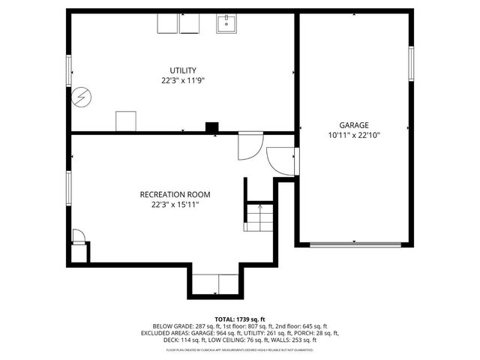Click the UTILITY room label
point(183,70)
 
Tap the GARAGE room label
point(354,125)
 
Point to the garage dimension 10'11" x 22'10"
point(354,136)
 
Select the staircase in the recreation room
point(259,217)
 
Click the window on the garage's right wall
point(410,64)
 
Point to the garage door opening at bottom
point(354,244)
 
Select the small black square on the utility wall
point(212,128)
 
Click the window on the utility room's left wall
point(69,70)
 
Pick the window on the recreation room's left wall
point(69,187)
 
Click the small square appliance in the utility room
point(126,121)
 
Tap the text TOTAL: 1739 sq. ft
point(240,319)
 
